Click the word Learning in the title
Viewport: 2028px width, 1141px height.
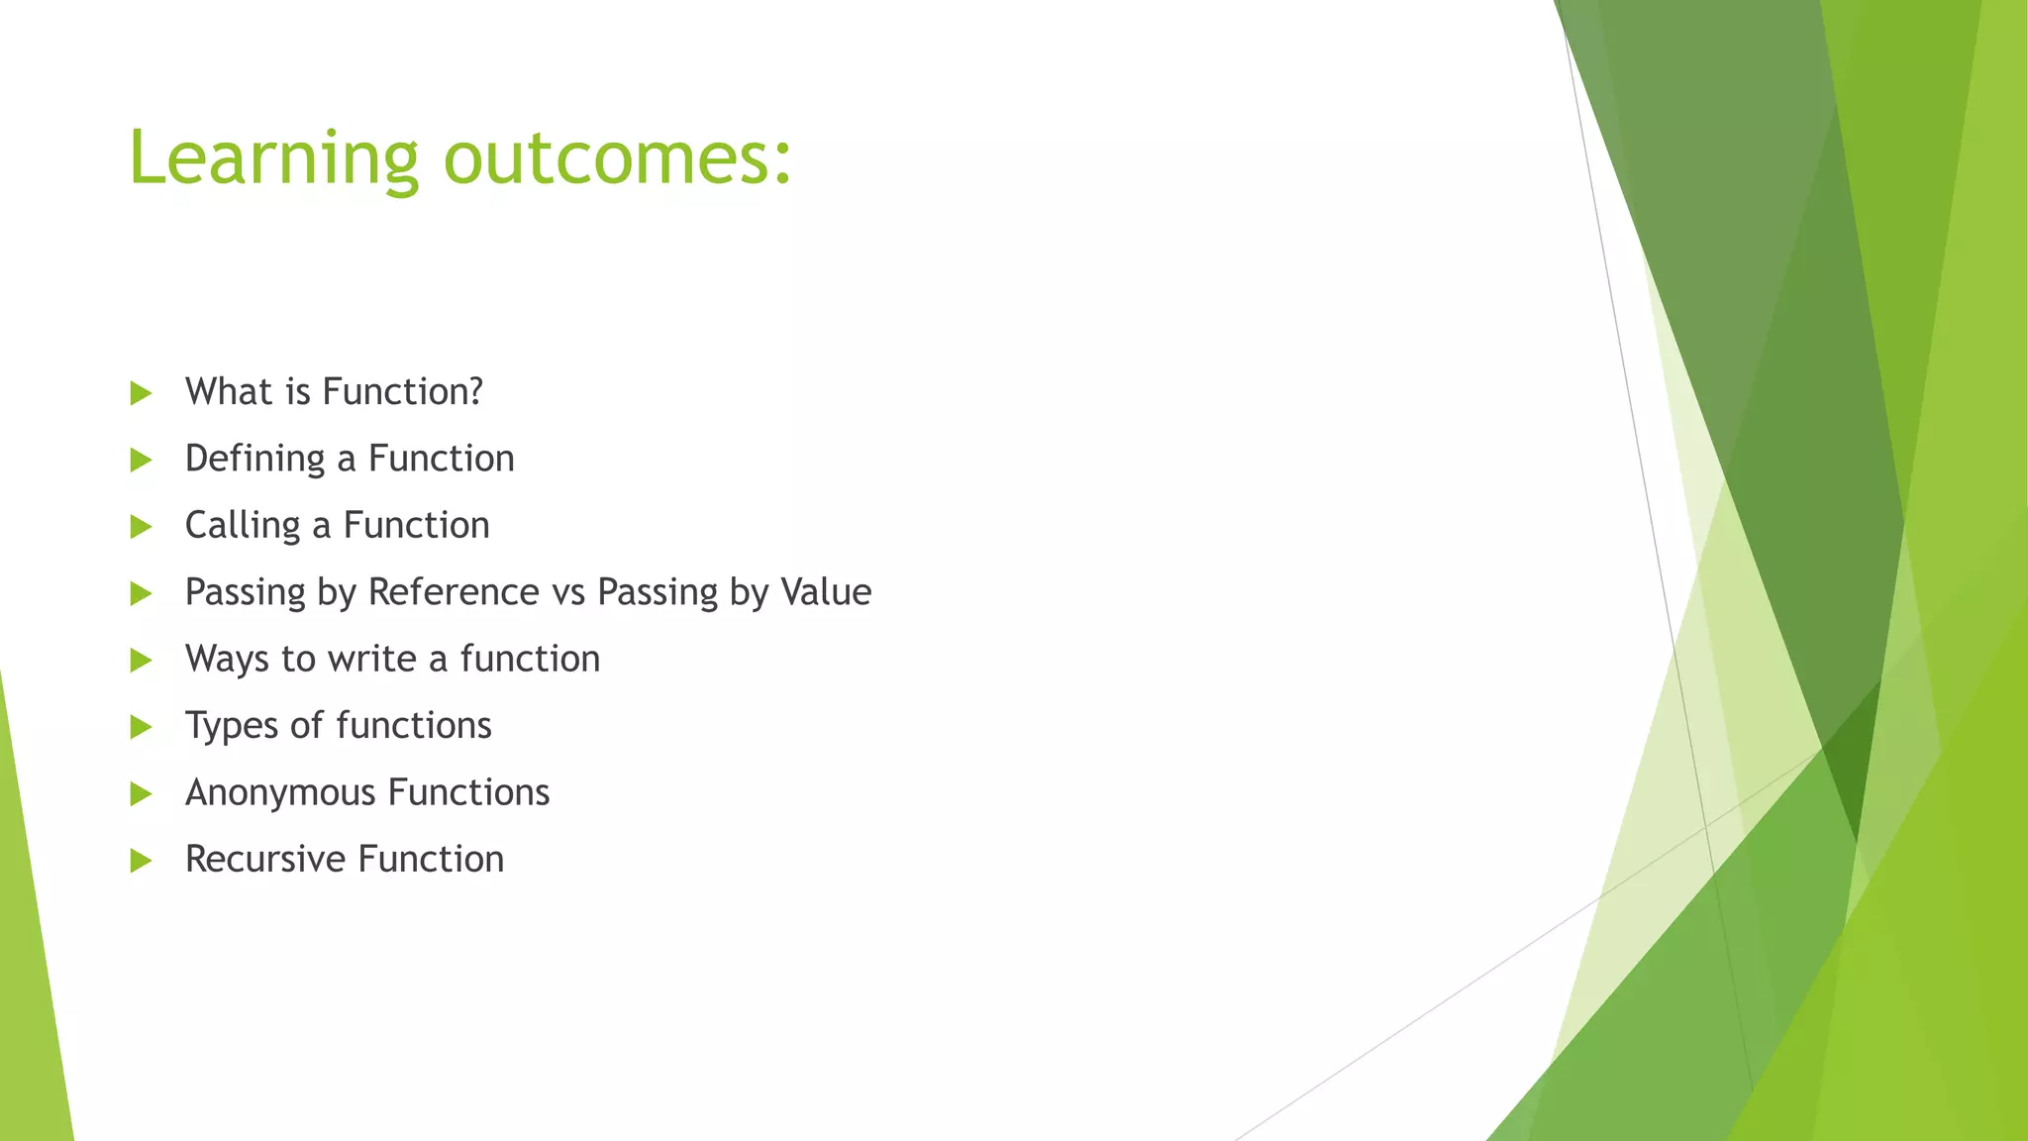pos(273,158)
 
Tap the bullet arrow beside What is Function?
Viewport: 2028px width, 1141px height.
pos(141,393)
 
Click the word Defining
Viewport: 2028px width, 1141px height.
pos(254,459)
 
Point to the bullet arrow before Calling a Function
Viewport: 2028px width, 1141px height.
pos(141,527)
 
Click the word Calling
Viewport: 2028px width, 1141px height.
pos(242,526)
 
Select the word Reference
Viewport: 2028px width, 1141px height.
pos(454,592)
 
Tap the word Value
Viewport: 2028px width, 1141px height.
pos(826,592)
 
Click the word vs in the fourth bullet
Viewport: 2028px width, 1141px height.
pos(568,593)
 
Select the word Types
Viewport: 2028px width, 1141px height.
pos(231,726)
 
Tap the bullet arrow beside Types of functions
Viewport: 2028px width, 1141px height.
pos(141,727)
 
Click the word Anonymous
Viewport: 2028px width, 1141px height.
pos(280,792)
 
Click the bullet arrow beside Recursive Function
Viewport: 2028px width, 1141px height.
pos(141,861)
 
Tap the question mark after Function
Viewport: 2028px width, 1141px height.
pos(474,392)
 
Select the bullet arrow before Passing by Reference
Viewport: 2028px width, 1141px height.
pos(141,593)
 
